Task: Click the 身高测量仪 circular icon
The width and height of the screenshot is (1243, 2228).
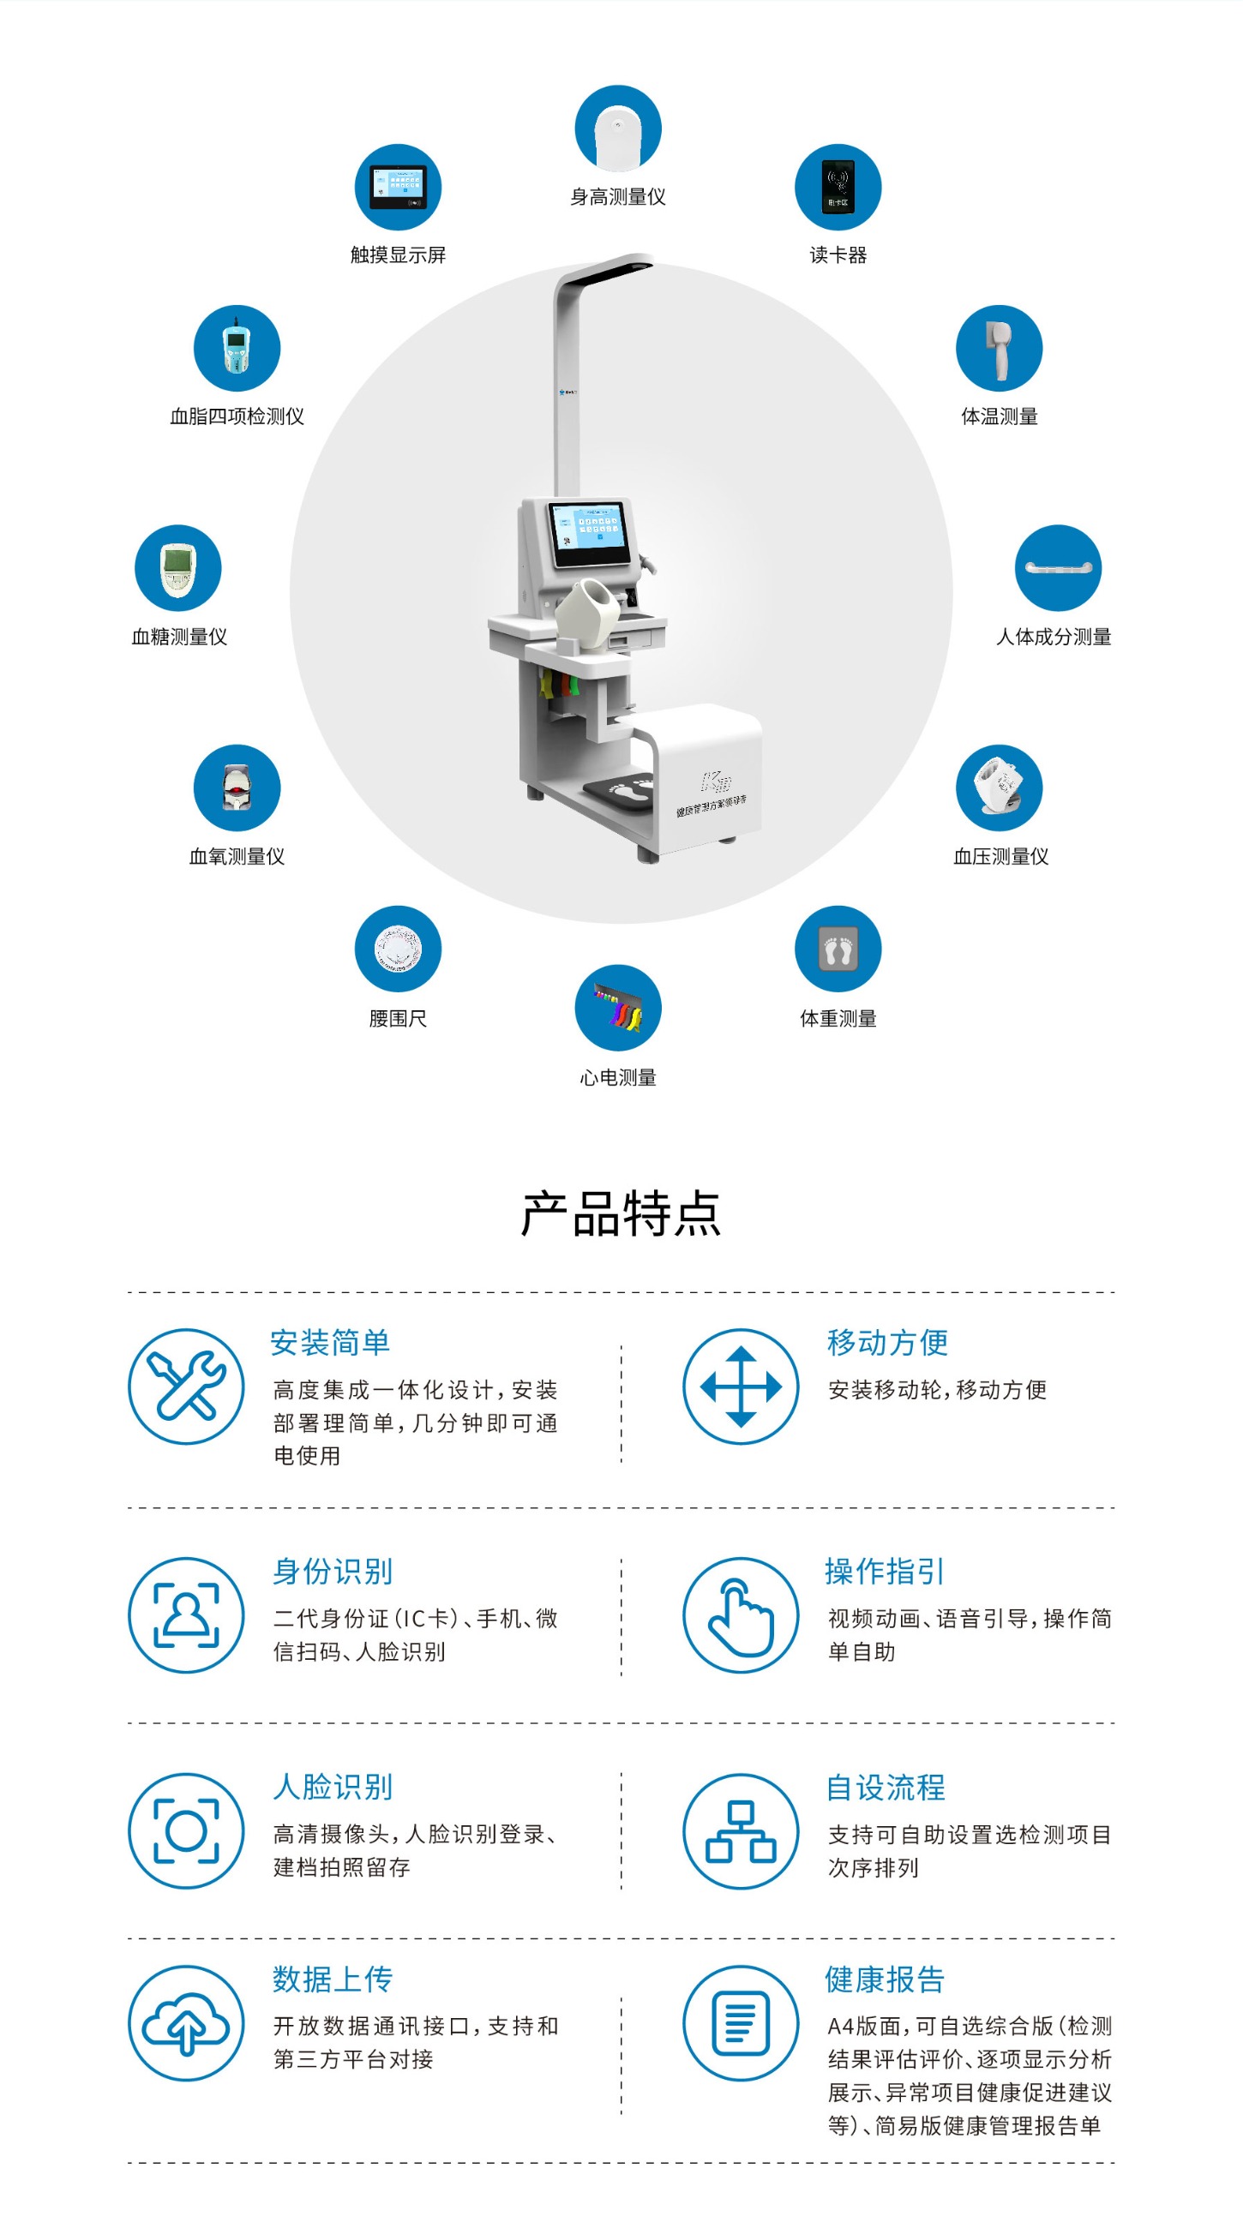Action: (617, 128)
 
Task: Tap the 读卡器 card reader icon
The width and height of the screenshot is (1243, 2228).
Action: (838, 187)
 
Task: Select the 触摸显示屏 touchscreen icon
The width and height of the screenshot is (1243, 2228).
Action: (398, 187)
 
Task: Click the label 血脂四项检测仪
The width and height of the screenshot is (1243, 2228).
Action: (237, 416)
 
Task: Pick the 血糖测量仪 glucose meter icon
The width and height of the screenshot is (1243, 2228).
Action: (178, 567)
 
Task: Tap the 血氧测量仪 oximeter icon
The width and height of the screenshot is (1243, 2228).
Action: (237, 787)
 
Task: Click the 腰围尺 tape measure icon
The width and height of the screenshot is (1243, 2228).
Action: (398, 949)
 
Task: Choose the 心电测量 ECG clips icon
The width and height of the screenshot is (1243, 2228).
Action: (617, 1008)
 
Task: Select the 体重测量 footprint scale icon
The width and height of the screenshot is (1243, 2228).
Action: (838, 949)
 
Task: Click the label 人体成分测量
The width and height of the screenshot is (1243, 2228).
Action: (1054, 638)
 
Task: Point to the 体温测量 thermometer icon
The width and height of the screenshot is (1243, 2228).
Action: (998, 348)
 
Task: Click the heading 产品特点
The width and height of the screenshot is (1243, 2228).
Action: (620, 1213)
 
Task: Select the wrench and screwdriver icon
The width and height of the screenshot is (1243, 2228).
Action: (186, 1387)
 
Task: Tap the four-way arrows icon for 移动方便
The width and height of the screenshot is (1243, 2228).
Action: (741, 1387)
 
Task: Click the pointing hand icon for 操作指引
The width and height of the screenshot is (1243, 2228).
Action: (741, 1615)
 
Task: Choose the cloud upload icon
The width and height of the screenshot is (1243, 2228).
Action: (186, 2023)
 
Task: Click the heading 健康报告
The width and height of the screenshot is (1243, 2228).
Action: (884, 1979)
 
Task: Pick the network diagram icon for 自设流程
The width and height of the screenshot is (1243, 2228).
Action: (741, 1831)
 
